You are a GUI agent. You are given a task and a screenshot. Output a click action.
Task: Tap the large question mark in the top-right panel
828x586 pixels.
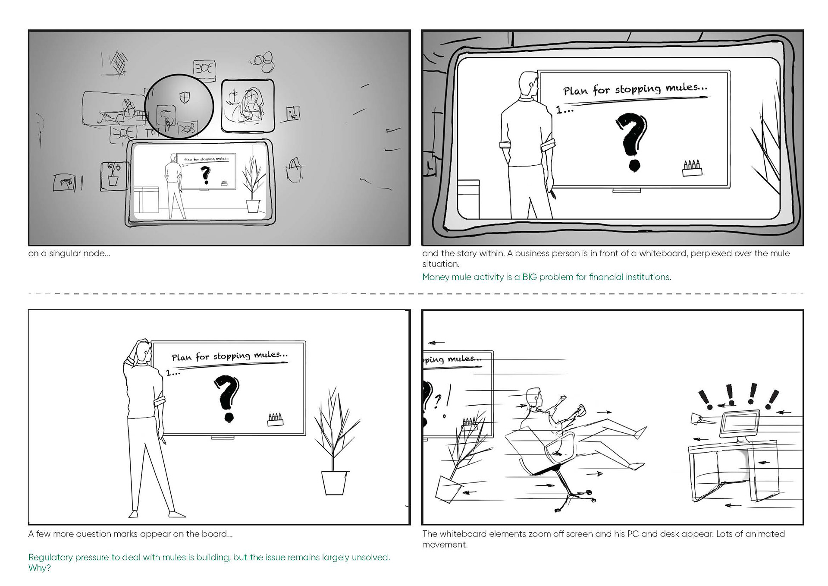(x=632, y=142)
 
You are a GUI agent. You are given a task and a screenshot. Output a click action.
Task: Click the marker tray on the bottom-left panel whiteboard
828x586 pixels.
(x=275, y=419)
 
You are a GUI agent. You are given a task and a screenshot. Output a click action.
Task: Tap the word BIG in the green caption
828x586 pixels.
(x=530, y=277)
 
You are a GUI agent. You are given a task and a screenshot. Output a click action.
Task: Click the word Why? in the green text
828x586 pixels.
(x=39, y=568)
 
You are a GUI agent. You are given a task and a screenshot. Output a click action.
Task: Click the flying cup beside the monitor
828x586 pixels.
(x=696, y=419)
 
